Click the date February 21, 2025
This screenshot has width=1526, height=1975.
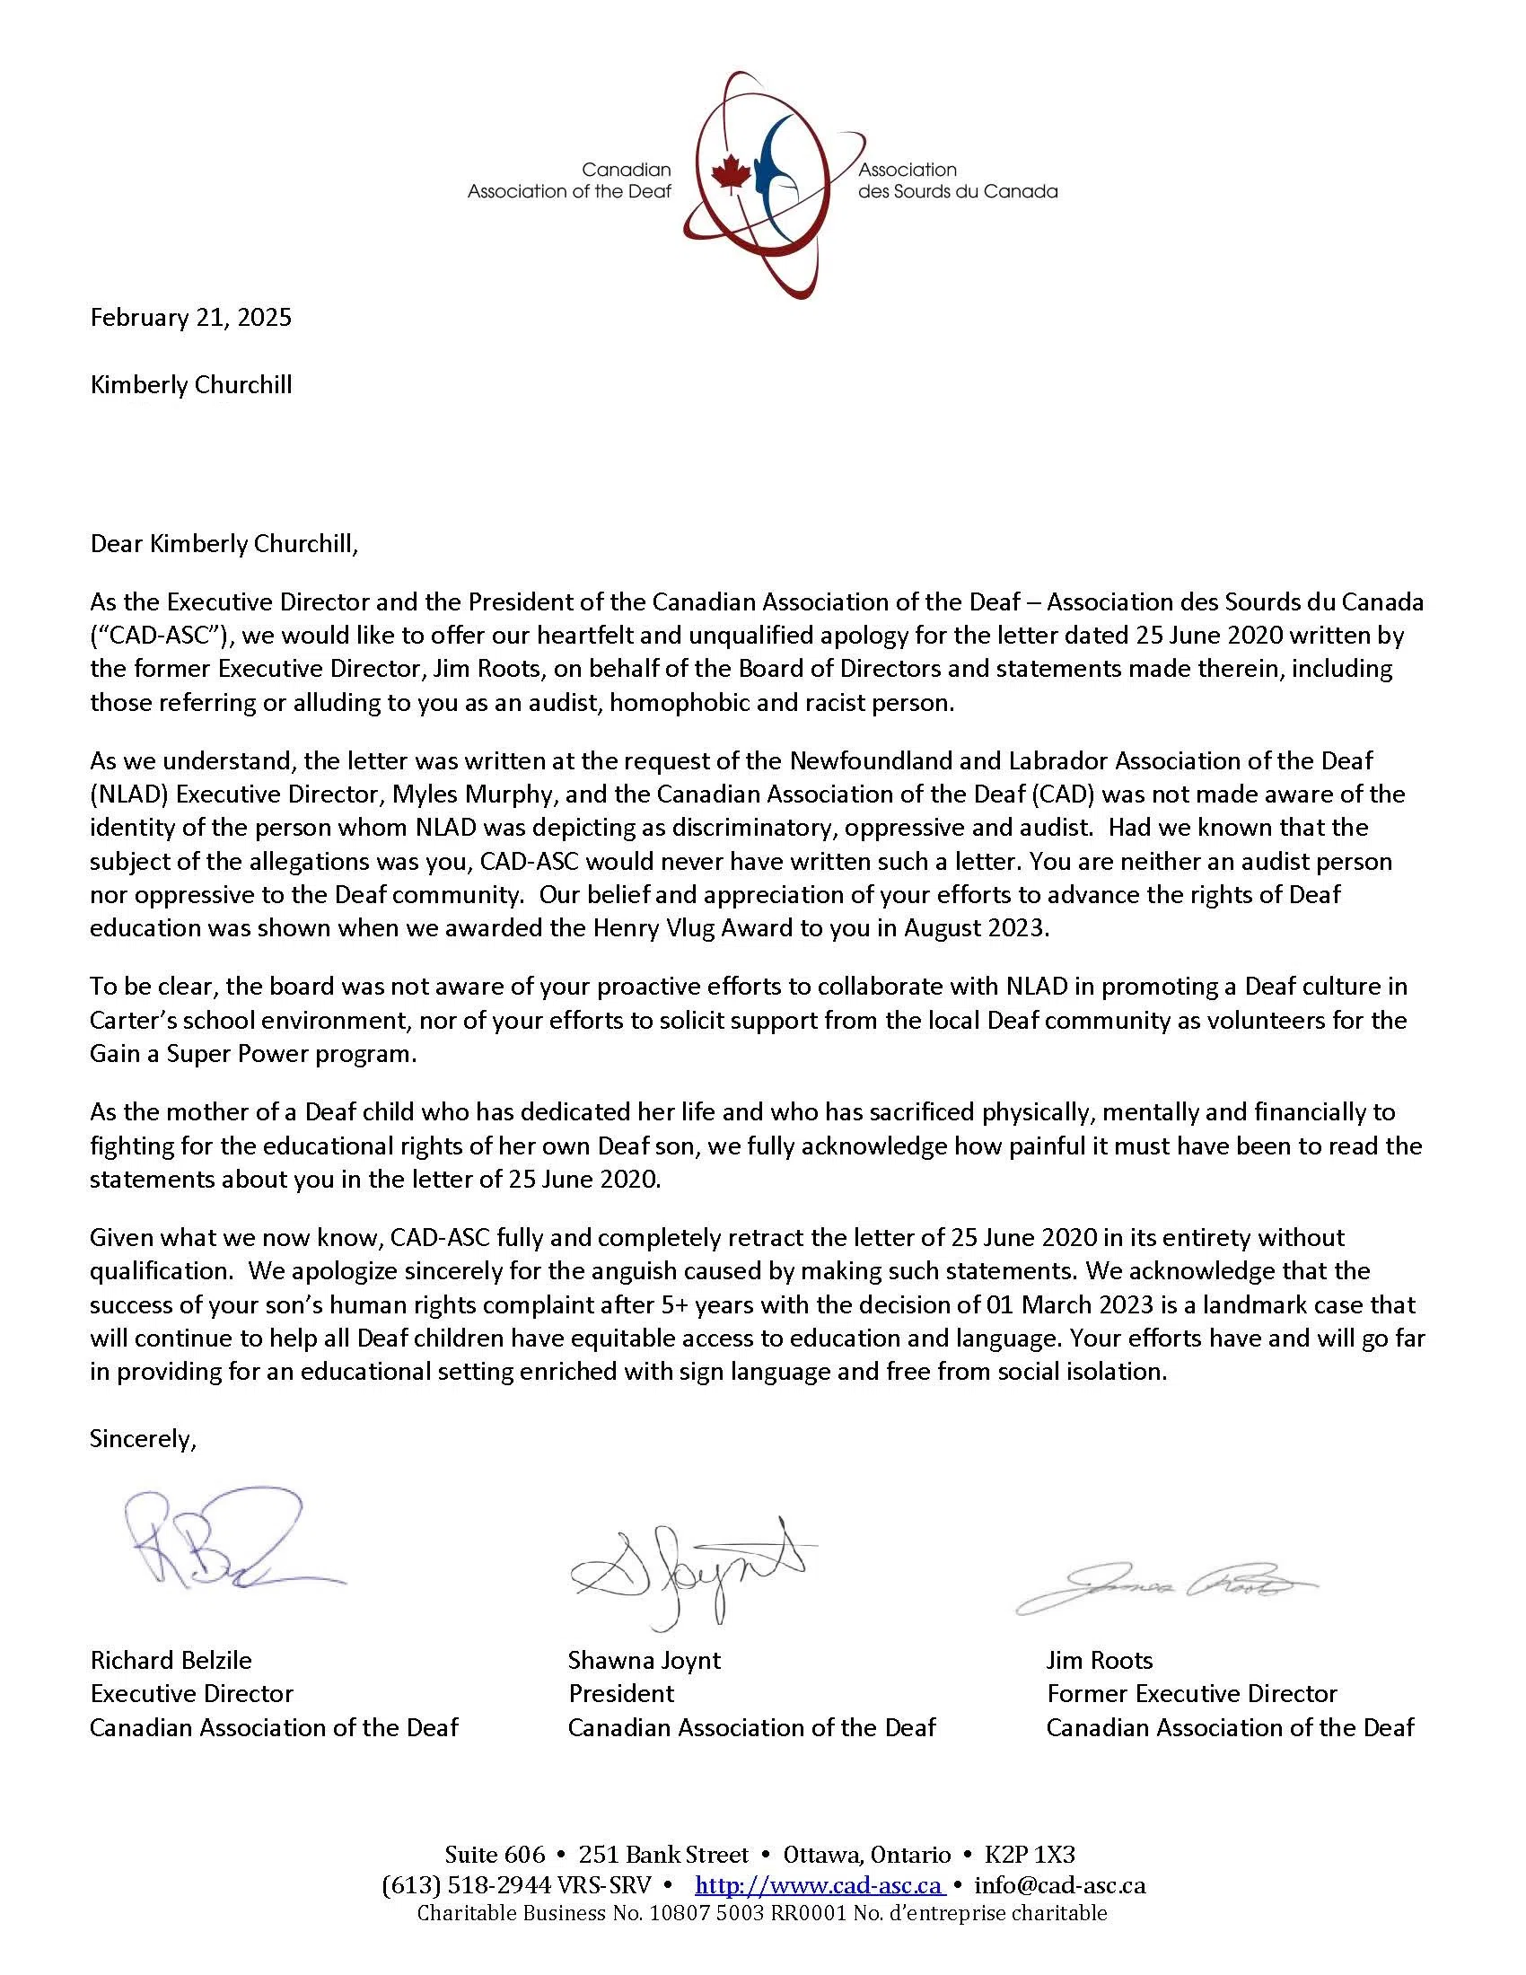pyautogui.click(x=190, y=318)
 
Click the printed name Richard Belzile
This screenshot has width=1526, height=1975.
pyautogui.click(x=171, y=1660)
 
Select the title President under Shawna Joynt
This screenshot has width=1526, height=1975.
pyautogui.click(x=621, y=1694)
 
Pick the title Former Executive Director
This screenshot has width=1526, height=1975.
pyautogui.click(x=1191, y=1694)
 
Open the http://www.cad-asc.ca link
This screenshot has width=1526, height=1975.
pyautogui.click(x=819, y=1886)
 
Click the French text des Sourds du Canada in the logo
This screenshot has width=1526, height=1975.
pyautogui.click(x=958, y=192)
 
